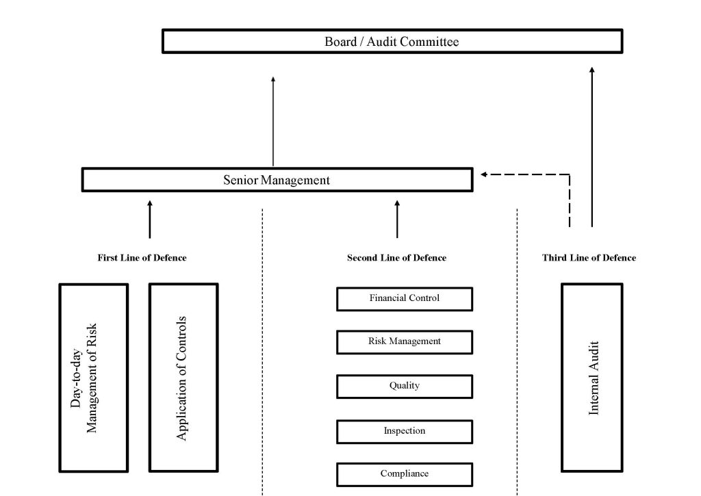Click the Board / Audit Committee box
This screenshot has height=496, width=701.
coord(392,42)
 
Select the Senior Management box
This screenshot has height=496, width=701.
coord(277,180)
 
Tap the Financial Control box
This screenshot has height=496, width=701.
coord(404,299)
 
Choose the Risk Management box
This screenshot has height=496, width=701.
coord(404,342)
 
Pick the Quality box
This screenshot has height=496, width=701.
coord(404,387)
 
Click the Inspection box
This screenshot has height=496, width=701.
coord(404,432)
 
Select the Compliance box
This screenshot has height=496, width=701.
coord(404,474)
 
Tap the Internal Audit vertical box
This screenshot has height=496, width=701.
coord(592,378)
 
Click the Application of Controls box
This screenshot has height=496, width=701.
coord(183,378)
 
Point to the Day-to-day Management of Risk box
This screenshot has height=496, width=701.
coord(93,378)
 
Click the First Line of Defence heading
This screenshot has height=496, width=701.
coord(142,258)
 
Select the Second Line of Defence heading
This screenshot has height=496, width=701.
coord(396,258)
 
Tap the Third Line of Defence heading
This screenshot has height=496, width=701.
coord(589,258)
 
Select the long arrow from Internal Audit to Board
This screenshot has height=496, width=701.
coord(592,146)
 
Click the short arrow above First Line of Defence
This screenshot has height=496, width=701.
coord(150,219)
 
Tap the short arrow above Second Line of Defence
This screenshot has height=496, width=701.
coord(397,219)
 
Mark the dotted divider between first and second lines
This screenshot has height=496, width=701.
coord(263,349)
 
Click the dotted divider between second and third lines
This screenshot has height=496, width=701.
coord(517,349)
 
